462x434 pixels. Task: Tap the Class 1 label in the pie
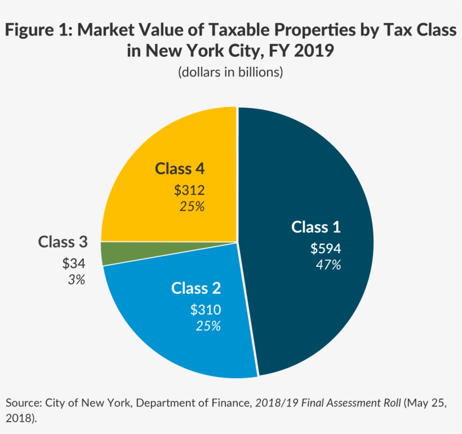coord(316,227)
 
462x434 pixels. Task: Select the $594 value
coord(326,248)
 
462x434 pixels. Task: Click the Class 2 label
coord(196,288)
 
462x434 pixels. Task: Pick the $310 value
coord(206,309)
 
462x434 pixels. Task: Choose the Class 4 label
coord(180,168)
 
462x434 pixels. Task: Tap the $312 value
coord(189,190)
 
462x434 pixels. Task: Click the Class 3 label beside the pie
coord(63,242)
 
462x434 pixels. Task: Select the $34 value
coord(74,263)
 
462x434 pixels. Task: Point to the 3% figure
coord(76,279)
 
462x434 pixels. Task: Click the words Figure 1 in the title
coord(37,32)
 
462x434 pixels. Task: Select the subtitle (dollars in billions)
coord(230,73)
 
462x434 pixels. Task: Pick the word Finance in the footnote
coord(229,403)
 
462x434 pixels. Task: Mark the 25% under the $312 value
coord(192,206)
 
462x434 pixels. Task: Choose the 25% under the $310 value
coord(208,325)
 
